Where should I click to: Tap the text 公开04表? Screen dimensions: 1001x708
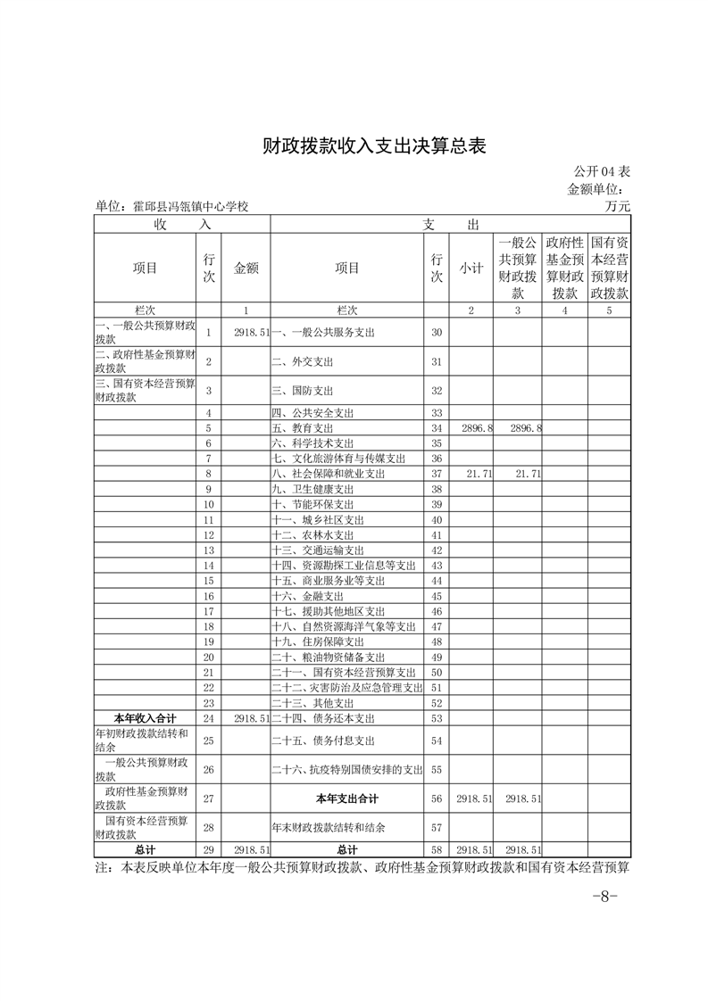coord(602,171)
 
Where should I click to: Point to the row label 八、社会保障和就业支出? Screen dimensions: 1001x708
coord(328,474)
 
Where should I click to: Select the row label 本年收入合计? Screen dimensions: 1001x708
coord(146,717)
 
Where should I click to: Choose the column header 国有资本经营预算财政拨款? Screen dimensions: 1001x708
coord(610,268)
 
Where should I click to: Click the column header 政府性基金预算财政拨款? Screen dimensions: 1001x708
coord(564,268)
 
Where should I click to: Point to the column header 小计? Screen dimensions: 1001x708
coord(471,268)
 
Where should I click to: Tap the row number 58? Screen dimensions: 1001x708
coord(437,851)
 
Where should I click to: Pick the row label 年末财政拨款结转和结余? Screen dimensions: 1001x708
coord(329,827)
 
